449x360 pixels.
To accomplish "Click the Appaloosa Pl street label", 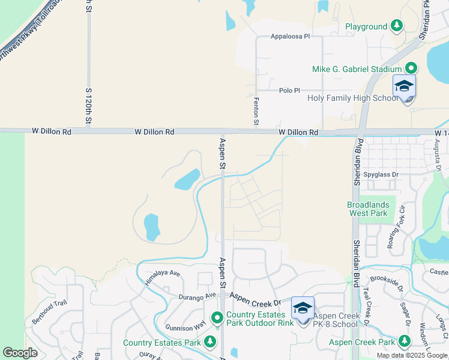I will coord(289,36).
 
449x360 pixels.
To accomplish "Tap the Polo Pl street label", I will coord(289,91).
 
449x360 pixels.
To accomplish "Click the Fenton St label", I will coord(256,112).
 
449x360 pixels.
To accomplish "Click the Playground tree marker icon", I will coord(396,26).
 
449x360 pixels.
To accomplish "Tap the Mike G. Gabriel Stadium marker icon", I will coord(411,68).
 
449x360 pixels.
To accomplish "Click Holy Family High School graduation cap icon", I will coord(404,85).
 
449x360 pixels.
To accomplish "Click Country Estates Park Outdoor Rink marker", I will coord(217,317).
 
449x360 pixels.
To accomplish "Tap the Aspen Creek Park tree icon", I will coord(404,341).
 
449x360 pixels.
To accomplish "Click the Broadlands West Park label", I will coord(368,209).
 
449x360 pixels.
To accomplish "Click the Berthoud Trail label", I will coord(47,312).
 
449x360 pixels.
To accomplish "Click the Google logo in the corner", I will coord(20,353).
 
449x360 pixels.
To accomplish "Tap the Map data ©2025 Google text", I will coord(411,355).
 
